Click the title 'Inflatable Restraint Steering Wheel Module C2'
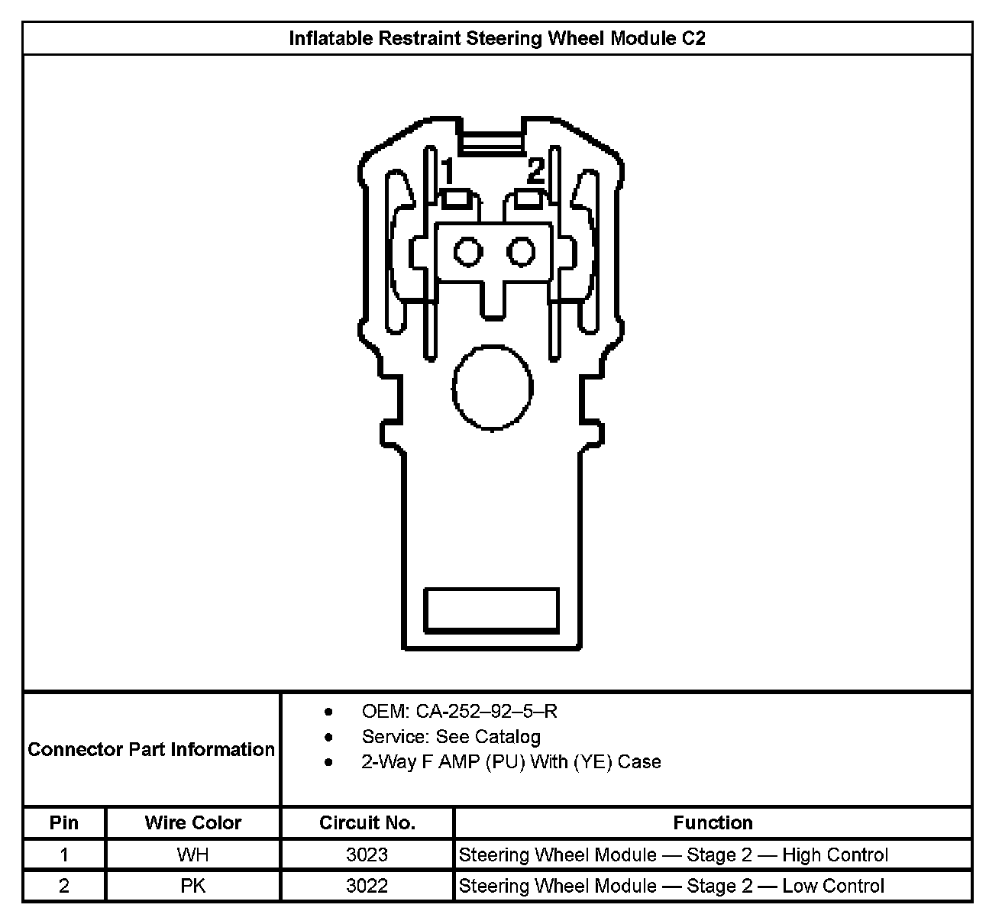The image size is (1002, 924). point(496,38)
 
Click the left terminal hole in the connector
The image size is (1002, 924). point(467,251)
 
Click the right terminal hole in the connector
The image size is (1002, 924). point(522,251)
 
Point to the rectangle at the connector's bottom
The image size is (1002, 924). point(491,610)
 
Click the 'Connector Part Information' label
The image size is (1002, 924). point(151,749)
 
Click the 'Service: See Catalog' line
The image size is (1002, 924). point(451,737)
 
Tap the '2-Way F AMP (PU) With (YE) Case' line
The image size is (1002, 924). point(511,762)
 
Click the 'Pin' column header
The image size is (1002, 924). point(64,822)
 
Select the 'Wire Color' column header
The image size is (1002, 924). point(193,822)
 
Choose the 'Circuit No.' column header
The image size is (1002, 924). point(367,822)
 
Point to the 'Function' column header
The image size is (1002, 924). point(713,822)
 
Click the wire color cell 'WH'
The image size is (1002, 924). point(192,855)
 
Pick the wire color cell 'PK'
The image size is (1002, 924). point(192,886)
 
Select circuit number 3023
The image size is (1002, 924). point(367,855)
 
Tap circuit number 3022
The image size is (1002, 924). point(367,886)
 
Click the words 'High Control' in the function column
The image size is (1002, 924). point(835,855)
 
